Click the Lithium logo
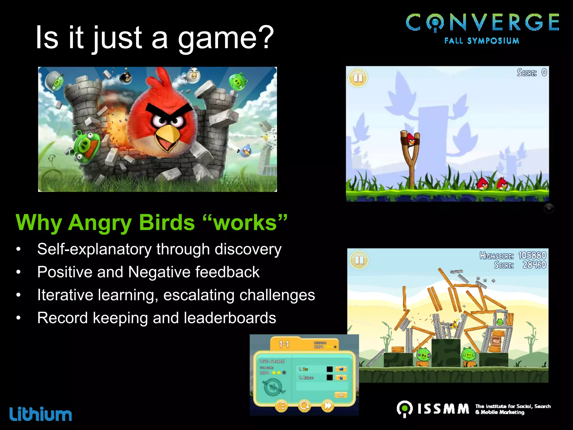(41, 414)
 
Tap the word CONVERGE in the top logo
(482, 22)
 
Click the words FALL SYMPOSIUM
(482, 41)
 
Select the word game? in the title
(226, 38)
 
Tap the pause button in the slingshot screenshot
(358, 78)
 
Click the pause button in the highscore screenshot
(359, 260)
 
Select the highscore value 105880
(532, 255)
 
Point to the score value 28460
(534, 265)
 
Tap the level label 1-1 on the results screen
(284, 344)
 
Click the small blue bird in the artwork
(246, 151)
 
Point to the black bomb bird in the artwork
(126, 77)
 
